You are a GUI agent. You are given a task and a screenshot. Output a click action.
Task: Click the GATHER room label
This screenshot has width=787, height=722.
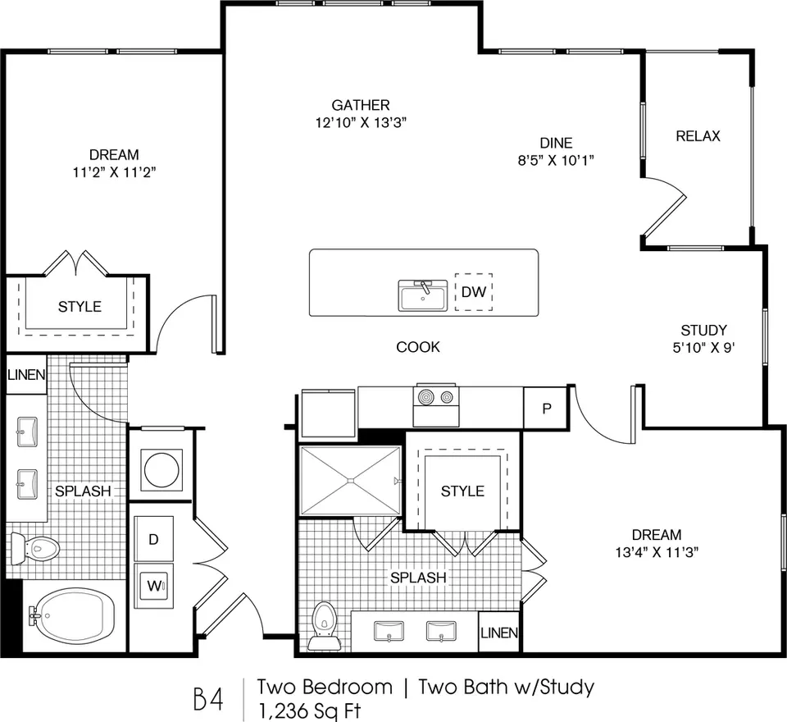[x=361, y=105]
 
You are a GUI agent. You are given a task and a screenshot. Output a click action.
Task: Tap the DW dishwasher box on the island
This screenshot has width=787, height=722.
[x=473, y=292]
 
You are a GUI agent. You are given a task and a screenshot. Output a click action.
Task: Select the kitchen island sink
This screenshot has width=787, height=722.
[x=423, y=295]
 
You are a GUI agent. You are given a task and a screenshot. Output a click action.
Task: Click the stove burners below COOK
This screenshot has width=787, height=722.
[x=435, y=397]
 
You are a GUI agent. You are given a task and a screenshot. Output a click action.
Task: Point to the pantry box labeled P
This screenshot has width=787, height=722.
[x=546, y=408]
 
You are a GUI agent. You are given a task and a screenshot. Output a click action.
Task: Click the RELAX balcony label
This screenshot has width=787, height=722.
[x=698, y=136]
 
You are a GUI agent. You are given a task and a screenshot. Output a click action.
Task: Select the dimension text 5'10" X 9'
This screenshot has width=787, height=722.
[x=703, y=348]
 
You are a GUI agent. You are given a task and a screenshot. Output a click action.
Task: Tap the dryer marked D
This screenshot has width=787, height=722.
[x=153, y=539]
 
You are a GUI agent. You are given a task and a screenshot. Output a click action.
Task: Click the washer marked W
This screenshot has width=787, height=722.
[x=153, y=586]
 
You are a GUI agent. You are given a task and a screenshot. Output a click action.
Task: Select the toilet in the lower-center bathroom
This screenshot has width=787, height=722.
[x=324, y=625]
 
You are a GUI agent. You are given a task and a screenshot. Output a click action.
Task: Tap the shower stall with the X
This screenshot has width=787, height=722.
[x=350, y=480]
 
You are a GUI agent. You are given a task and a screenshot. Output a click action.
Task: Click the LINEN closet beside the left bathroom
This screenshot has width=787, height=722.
[x=26, y=374]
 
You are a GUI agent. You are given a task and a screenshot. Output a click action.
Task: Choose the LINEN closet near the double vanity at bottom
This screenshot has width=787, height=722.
[x=499, y=632]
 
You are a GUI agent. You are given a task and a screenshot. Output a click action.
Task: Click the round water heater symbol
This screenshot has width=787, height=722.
[x=161, y=470]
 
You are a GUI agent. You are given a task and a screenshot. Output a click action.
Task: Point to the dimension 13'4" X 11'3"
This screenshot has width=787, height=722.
[x=657, y=552]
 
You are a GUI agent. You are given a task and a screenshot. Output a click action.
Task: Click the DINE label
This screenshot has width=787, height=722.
[x=556, y=144]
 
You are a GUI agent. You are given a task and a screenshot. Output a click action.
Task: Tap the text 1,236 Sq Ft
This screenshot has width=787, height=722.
[x=310, y=711]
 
